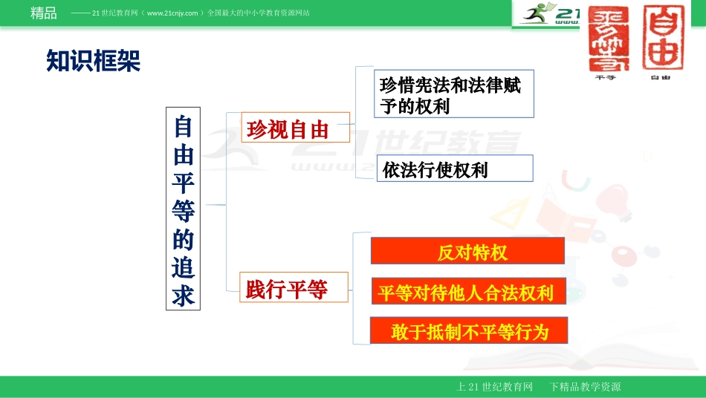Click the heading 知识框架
[93, 62]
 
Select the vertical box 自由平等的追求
[183, 209]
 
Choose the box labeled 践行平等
[287, 288]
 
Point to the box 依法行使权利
[455, 169]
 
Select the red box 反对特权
[467, 252]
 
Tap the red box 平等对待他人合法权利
[467, 292]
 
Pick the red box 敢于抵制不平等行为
[470, 331]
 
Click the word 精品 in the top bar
[44, 13]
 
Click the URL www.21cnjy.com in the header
[172, 13]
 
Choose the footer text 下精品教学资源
[585, 387]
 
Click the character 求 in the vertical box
[183, 295]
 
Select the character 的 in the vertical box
[183, 239]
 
